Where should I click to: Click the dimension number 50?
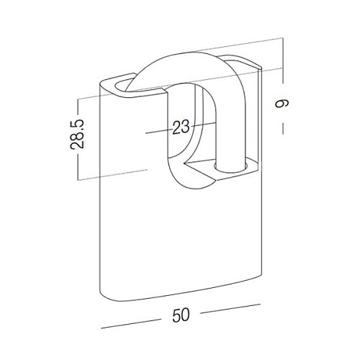point(181,315)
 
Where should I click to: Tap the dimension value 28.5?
point(77,134)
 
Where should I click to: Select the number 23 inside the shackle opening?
point(181,127)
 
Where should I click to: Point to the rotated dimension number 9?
point(282,104)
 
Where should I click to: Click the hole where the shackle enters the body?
point(230,167)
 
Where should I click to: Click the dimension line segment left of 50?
point(131,324)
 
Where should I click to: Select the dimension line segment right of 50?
point(230,309)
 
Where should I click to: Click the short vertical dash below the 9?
point(283,128)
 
